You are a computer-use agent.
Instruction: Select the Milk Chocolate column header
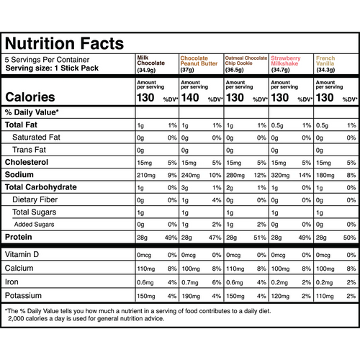tap(150, 63)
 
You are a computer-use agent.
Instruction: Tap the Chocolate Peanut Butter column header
tap(199, 63)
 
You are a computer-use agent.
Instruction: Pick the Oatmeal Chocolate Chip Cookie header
tap(246, 63)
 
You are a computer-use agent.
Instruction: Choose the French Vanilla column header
tap(327, 63)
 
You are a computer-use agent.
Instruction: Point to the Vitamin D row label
tap(24, 235)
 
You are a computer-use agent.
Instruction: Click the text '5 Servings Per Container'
tap(47, 60)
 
